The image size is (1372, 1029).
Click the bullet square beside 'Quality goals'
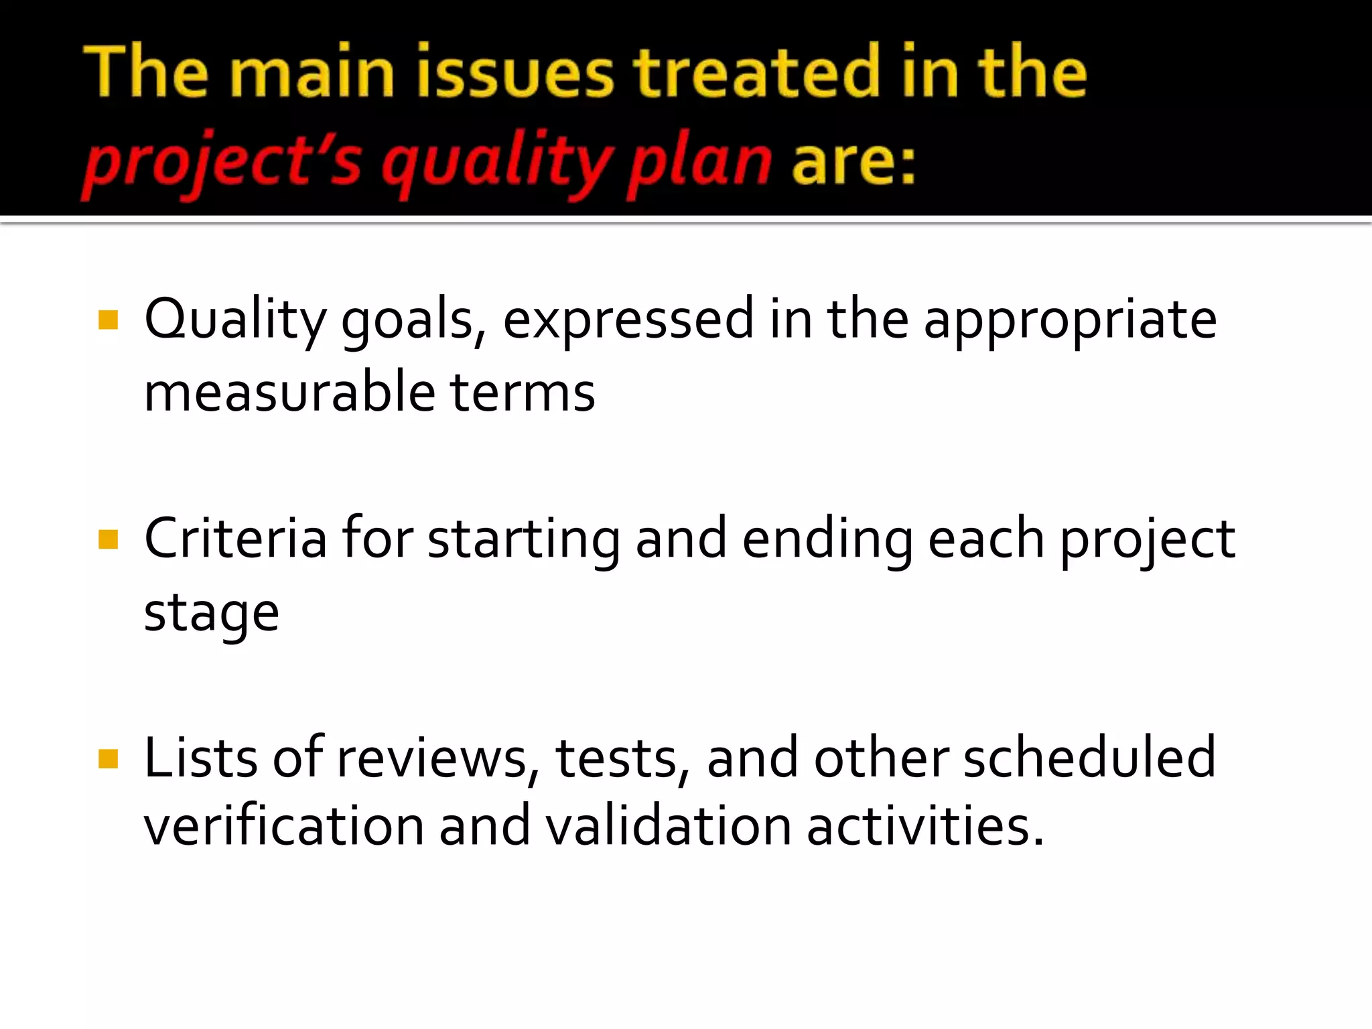point(108,320)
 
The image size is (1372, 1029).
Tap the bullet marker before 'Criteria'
point(108,539)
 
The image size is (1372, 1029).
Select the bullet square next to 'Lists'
point(108,759)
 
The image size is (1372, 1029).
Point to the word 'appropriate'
point(1070,320)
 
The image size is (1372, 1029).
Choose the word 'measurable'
point(289,392)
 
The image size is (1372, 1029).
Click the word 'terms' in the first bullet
point(523,392)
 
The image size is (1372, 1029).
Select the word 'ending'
point(827,540)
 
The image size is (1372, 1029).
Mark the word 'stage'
point(211,614)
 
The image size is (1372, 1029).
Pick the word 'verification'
point(284,826)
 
